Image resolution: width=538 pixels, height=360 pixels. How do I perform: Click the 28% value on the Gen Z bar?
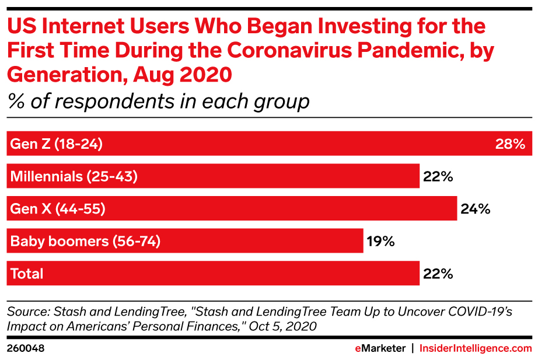510,144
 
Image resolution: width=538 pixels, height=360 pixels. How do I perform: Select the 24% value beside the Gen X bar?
476,209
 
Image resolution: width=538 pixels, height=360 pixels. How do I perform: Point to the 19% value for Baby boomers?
381,241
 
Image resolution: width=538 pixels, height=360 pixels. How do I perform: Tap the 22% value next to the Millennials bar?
438,176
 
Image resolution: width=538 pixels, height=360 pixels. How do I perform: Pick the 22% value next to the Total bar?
438,273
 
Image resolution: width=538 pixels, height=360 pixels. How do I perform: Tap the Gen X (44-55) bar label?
58,209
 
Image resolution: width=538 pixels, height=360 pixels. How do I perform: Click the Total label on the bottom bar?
27,273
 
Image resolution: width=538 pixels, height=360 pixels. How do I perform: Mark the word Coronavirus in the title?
283,51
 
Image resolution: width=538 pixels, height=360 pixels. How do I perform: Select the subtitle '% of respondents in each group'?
158,102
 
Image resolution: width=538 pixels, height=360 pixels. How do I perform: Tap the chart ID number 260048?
26,348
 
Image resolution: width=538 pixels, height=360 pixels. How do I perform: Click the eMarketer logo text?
380,348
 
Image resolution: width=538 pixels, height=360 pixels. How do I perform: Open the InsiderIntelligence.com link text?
477,348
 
